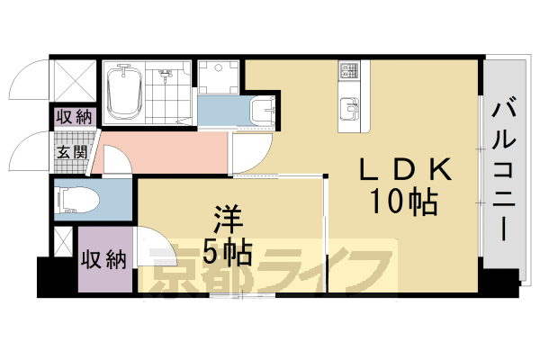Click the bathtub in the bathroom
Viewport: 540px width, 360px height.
pyautogui.click(x=123, y=92)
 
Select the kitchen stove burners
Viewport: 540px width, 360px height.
pyautogui.click(x=349, y=70)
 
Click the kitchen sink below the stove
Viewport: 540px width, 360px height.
pyautogui.click(x=349, y=111)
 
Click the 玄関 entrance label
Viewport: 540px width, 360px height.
pyautogui.click(x=72, y=151)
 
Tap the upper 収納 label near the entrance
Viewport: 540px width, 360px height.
pyautogui.click(x=72, y=116)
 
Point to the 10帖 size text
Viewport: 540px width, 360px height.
pyautogui.click(x=402, y=202)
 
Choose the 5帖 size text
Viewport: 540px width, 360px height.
pyautogui.click(x=226, y=252)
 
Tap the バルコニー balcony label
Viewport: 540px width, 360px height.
pyautogui.click(x=505, y=166)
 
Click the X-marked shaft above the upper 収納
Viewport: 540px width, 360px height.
pyautogui.click(x=72, y=82)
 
